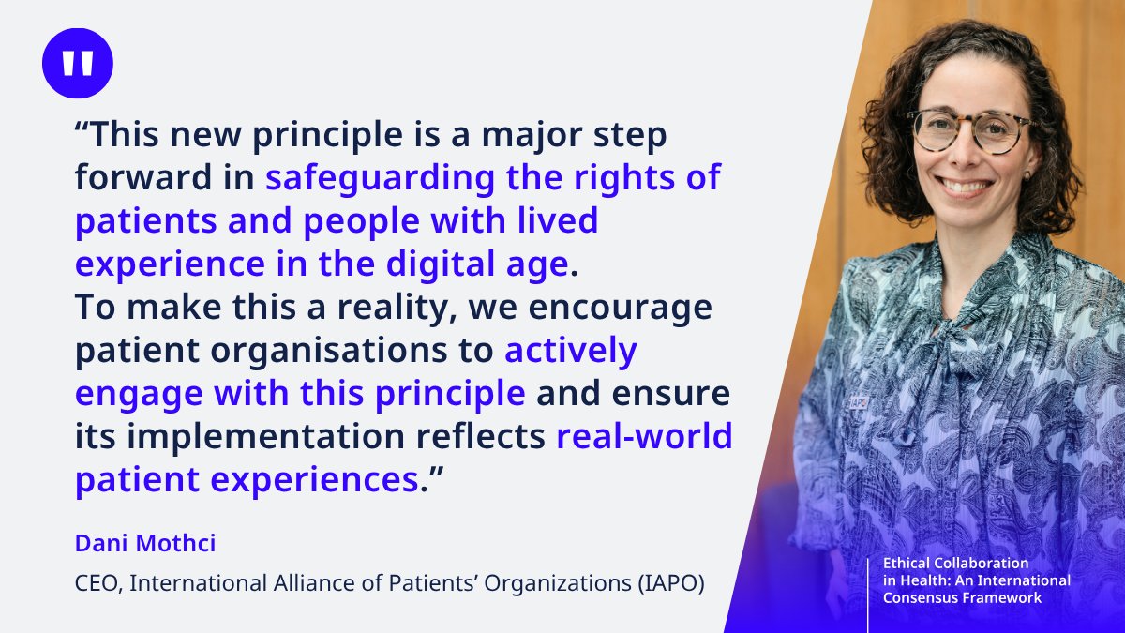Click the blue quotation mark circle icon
click(78, 64)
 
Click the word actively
click(571, 351)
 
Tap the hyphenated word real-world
click(644, 437)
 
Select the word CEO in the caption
click(97, 583)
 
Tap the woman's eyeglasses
click(968, 129)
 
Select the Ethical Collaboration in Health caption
click(976, 580)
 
